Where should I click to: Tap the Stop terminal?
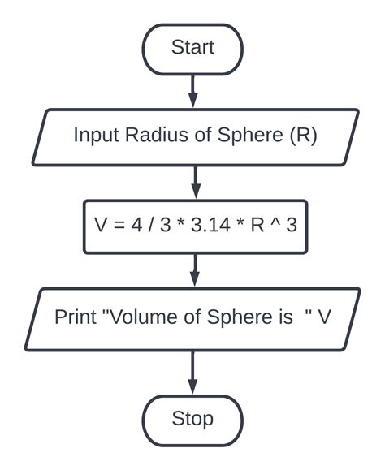(x=192, y=419)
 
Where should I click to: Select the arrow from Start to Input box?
(x=192, y=90)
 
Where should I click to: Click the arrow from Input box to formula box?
(x=192, y=181)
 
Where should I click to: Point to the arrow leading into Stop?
(x=192, y=373)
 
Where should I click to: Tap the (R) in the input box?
(x=302, y=135)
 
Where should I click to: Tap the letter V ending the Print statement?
(x=324, y=316)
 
